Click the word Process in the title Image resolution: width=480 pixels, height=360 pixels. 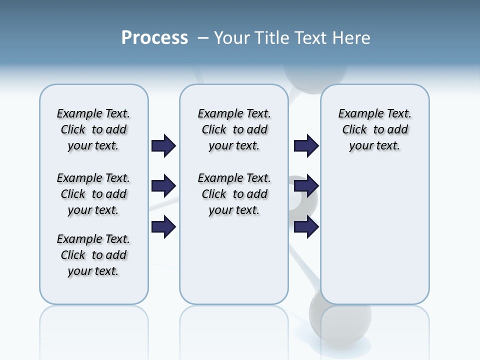point(154,38)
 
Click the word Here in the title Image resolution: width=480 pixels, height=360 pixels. point(352,38)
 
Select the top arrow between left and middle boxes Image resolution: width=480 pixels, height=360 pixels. point(163,146)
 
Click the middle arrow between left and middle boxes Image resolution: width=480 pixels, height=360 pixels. point(163,186)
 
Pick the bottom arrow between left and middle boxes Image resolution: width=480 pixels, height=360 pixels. point(163,227)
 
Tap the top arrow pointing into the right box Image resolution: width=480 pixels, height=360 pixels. point(306,146)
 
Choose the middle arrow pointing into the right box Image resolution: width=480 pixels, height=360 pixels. point(306,186)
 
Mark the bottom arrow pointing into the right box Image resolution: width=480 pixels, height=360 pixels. point(306,227)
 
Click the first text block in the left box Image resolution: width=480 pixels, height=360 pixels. point(93,129)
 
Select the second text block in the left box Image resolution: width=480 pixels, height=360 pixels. point(93,194)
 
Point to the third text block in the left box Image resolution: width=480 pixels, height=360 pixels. point(93,255)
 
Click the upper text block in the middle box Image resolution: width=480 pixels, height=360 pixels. point(234,129)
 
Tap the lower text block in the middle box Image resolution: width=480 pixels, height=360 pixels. point(234,194)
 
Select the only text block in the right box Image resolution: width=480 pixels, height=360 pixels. point(374,129)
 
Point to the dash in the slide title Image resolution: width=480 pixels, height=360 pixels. point(203,38)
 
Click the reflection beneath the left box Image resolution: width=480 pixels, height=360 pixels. point(93,330)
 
